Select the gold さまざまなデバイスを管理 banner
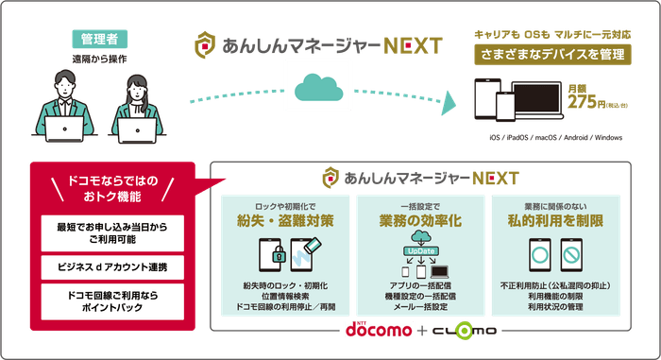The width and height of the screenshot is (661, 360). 551,55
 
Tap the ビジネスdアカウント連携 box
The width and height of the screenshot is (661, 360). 112,267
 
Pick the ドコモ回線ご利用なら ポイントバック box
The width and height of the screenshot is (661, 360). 112,304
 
